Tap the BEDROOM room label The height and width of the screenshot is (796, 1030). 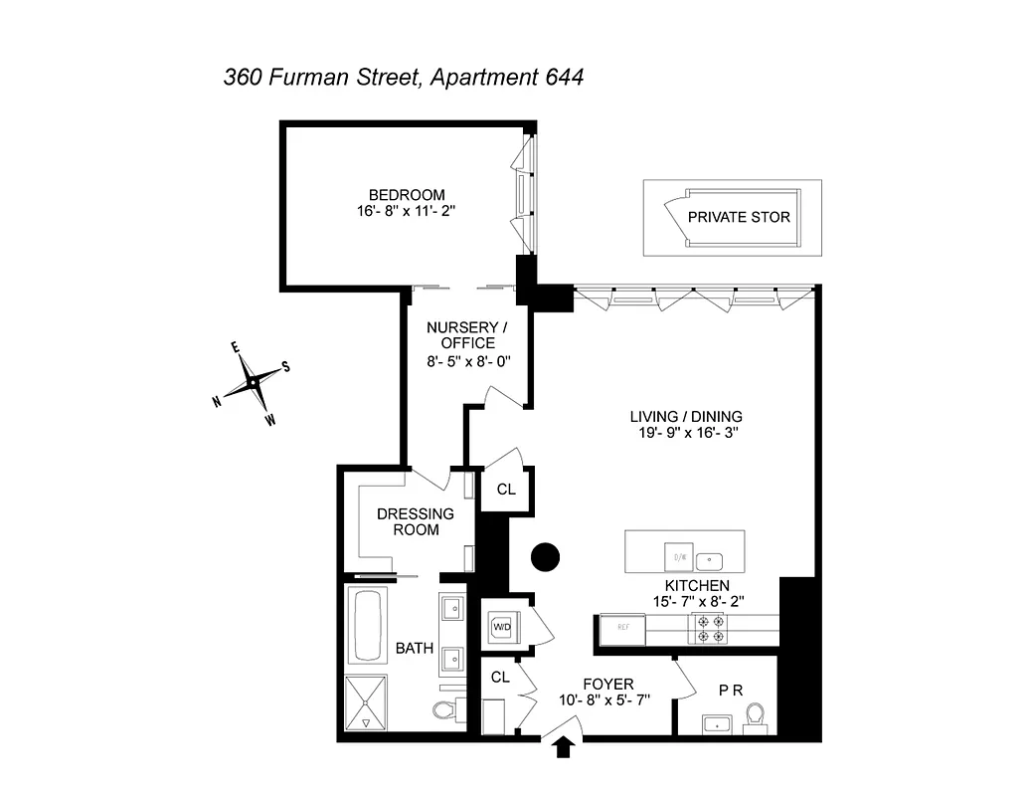pyautogui.click(x=407, y=194)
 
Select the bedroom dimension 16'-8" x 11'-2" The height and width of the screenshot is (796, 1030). pyautogui.click(x=407, y=211)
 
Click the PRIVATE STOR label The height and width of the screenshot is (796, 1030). pyautogui.click(x=739, y=217)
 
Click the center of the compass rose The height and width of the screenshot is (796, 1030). pyautogui.click(x=255, y=382)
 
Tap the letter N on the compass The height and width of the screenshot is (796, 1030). pyautogui.click(x=217, y=401)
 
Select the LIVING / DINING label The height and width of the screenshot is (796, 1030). pyautogui.click(x=686, y=417)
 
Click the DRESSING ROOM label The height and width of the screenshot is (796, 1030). pyautogui.click(x=415, y=521)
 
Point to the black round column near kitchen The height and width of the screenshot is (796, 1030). pyautogui.click(x=546, y=557)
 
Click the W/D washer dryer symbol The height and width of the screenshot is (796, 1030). pyautogui.click(x=501, y=627)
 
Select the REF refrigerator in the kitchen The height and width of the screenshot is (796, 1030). pyautogui.click(x=621, y=629)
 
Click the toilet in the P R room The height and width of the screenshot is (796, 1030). pyautogui.click(x=756, y=716)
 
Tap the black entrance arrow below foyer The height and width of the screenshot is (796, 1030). pyautogui.click(x=564, y=745)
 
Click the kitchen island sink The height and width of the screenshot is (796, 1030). pyautogui.click(x=709, y=558)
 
